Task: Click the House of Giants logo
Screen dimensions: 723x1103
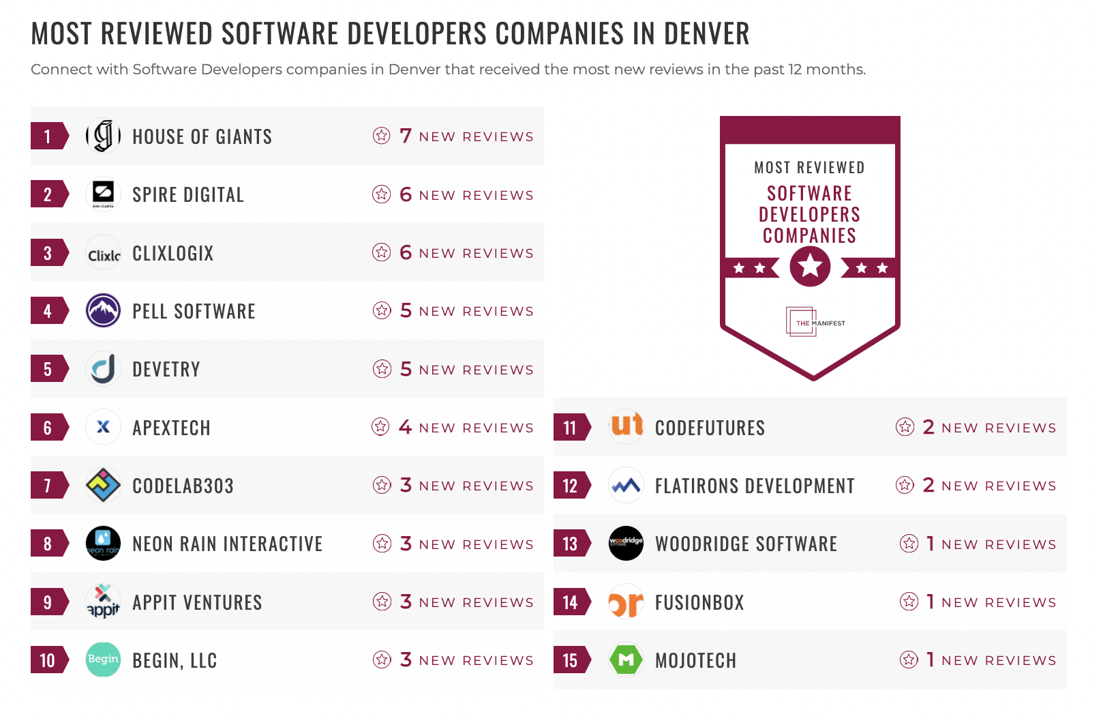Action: pos(103,136)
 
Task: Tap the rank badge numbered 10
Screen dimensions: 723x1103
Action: pos(48,660)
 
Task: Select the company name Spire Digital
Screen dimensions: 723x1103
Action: pos(188,195)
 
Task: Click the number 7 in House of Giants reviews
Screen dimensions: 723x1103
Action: pos(406,136)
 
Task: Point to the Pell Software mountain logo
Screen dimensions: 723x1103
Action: pos(103,310)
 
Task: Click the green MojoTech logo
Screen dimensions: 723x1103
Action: pos(626,660)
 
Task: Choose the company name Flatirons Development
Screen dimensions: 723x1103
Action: pos(755,486)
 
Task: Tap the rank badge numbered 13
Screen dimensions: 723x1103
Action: pos(571,544)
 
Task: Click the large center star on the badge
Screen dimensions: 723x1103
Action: pos(810,265)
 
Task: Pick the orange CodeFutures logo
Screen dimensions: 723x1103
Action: pos(626,426)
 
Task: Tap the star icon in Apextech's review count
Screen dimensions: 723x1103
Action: pos(380,427)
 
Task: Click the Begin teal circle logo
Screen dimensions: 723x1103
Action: pos(103,660)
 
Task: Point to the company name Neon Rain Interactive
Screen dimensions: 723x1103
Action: pos(227,544)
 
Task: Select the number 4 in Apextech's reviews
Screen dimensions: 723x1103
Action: pos(405,427)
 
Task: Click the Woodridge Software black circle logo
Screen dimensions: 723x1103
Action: pos(626,544)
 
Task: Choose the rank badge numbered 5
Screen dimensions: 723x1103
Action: pos(48,369)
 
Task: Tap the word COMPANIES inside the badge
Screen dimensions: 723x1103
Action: pos(809,236)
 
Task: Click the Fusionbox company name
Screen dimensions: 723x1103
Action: pos(699,602)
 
